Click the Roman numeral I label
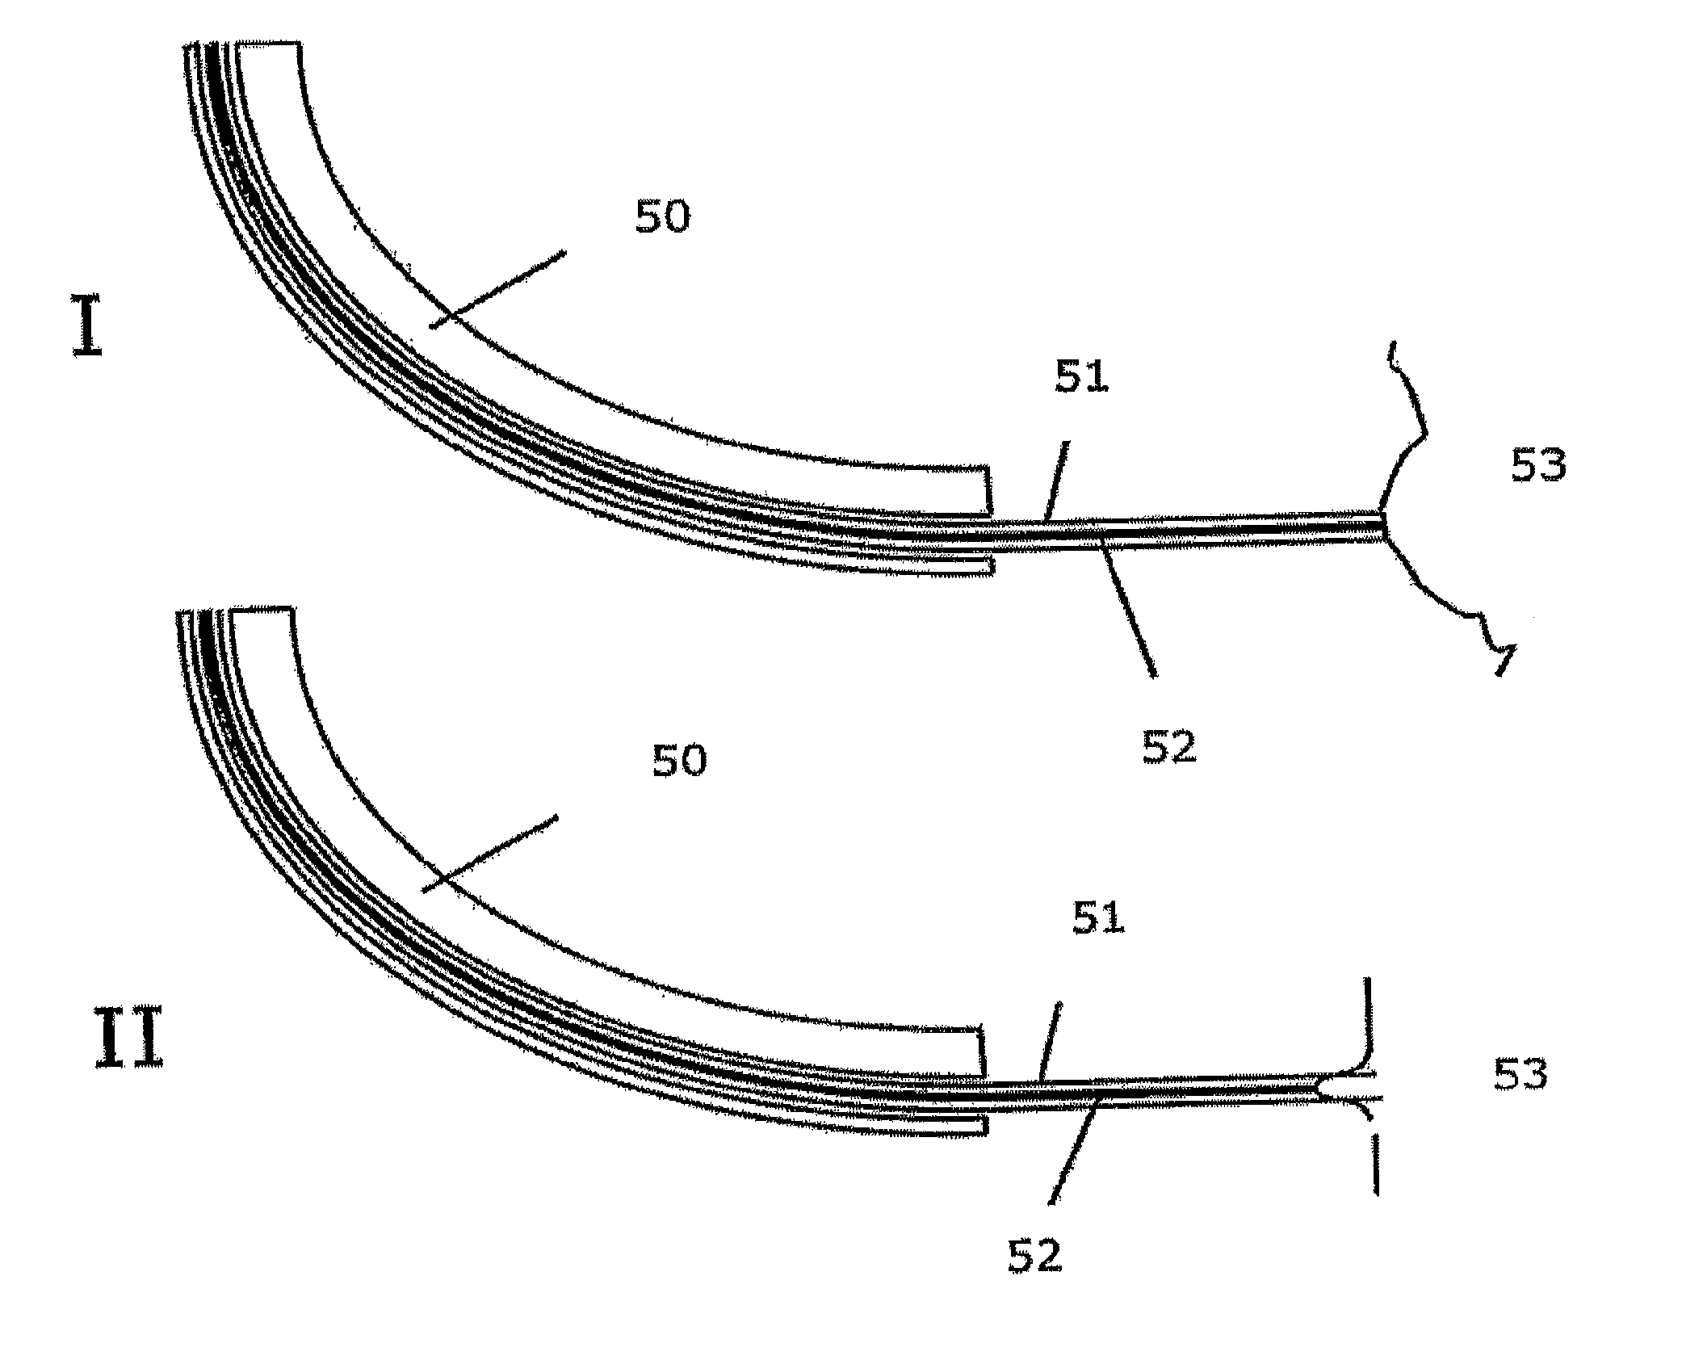(88, 327)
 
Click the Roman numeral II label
(129, 1043)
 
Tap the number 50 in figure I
(662, 217)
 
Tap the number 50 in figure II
(679, 761)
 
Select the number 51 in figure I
(1082, 377)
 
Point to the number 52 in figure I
(1168, 747)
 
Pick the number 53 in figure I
(1538, 467)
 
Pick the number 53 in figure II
(1521, 1076)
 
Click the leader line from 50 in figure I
(497, 289)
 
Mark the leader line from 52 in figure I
(1129, 612)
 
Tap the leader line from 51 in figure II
(1050, 1042)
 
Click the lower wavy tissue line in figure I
(1445, 606)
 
